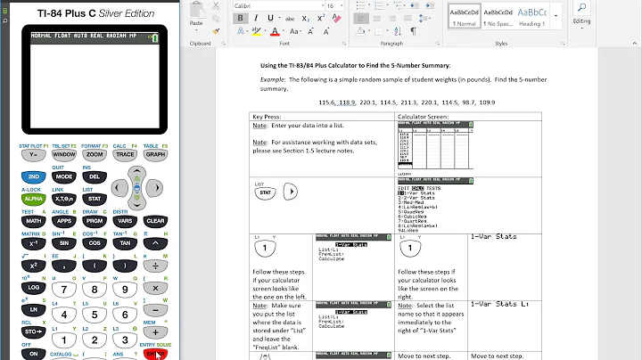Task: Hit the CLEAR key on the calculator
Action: pos(154,220)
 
